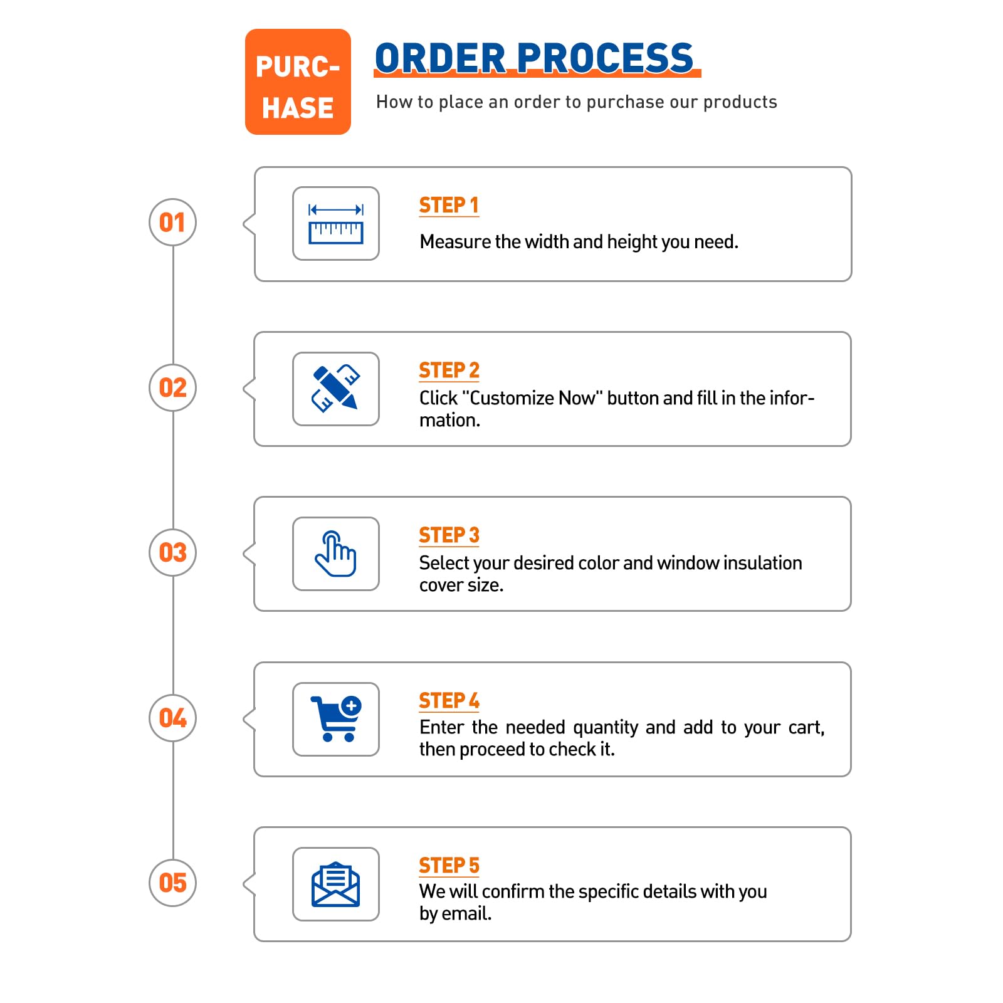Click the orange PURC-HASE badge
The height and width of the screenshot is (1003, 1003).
(298, 81)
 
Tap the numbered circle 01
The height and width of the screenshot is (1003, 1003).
(173, 223)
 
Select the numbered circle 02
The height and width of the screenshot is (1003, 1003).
(173, 387)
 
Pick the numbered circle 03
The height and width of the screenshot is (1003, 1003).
(173, 552)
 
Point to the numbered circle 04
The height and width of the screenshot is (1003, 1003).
(173, 718)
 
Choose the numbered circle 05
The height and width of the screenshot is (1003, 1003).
(173, 883)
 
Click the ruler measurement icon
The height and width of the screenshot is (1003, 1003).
(336, 224)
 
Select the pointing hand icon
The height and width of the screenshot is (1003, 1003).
(336, 554)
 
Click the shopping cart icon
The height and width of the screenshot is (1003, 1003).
(337, 718)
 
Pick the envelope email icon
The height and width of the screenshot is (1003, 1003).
(336, 884)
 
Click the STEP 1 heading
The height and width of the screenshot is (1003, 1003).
(449, 205)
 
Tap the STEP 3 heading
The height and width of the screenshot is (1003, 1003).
(449, 535)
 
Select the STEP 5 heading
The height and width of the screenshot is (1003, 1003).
(449, 865)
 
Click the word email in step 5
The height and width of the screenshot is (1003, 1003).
(466, 913)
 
